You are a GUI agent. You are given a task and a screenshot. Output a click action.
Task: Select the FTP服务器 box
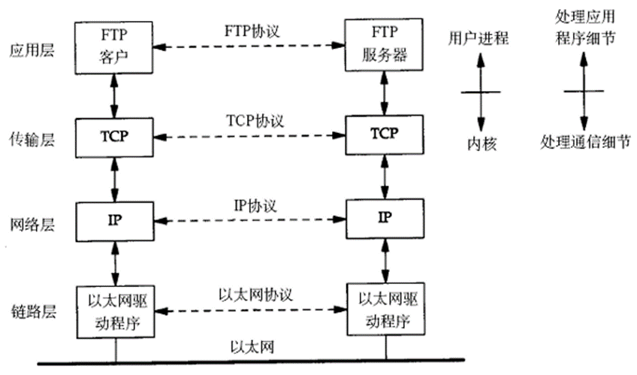click(385, 47)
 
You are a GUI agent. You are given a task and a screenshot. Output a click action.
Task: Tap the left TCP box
click(115, 137)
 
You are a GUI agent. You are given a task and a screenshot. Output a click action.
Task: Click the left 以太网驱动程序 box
click(115, 310)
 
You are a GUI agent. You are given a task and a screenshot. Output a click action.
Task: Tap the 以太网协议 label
click(250, 293)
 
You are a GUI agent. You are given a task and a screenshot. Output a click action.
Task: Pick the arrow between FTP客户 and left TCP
click(115, 94)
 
